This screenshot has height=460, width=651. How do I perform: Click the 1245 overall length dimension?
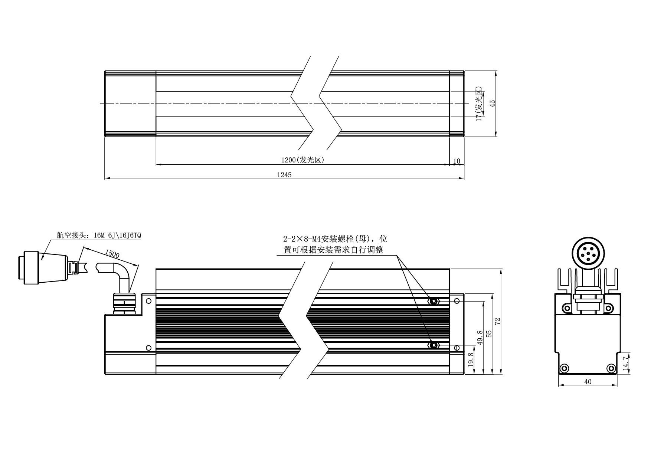[284, 175]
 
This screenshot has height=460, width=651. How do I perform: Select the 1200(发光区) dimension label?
[303, 160]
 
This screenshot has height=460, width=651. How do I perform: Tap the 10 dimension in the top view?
[457, 161]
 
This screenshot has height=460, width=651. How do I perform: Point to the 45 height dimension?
[493, 103]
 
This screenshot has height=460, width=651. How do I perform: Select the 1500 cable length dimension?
[112, 254]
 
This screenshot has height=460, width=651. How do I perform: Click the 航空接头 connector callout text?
[99, 235]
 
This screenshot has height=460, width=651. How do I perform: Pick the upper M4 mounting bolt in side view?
[434, 301]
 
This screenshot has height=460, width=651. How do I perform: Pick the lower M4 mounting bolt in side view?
[434, 346]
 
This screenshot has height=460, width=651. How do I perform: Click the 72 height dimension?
[498, 321]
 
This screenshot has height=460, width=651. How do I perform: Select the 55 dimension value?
[489, 334]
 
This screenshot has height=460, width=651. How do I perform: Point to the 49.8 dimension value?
[480, 338]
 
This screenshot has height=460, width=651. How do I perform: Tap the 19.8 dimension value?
[471, 360]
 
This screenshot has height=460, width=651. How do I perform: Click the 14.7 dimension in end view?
[625, 362]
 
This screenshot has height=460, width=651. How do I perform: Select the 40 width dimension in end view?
[588, 382]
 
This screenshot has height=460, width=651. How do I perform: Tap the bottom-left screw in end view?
[565, 368]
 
